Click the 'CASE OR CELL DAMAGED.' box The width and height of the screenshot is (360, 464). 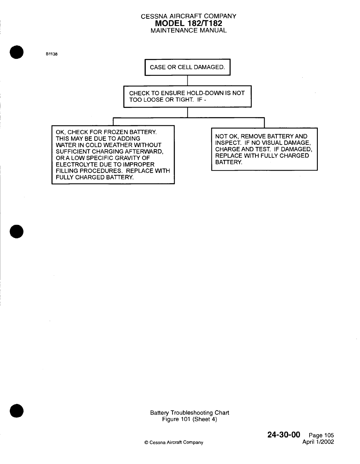(187, 67)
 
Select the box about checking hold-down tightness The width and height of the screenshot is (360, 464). (187, 96)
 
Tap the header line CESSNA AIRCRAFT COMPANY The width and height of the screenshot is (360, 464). (189, 17)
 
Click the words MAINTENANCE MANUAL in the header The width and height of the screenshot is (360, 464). (189, 30)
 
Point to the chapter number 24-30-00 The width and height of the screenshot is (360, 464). (284, 435)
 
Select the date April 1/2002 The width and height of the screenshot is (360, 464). (318, 442)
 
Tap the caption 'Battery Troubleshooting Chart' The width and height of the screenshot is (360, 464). (189, 413)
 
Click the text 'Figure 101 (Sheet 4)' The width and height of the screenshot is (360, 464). (189, 419)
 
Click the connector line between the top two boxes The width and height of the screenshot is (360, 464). (188, 80)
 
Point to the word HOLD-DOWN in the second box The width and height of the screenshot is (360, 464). (205, 93)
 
